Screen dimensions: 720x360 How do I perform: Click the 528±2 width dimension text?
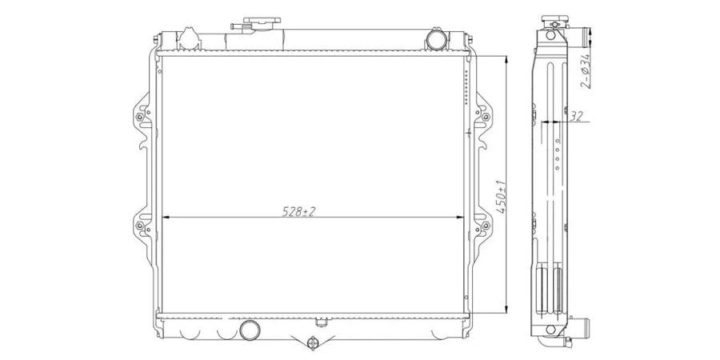(x=300, y=211)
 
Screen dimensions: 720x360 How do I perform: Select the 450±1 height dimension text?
(x=501, y=196)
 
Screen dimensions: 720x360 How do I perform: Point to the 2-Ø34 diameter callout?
(x=585, y=70)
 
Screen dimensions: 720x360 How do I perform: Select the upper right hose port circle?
(x=436, y=39)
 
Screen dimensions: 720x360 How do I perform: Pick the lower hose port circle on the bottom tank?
(x=250, y=330)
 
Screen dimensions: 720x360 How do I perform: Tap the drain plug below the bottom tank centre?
(x=313, y=342)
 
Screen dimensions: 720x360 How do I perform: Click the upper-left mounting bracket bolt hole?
(x=140, y=117)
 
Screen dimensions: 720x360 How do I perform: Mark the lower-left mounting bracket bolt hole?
(x=140, y=226)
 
